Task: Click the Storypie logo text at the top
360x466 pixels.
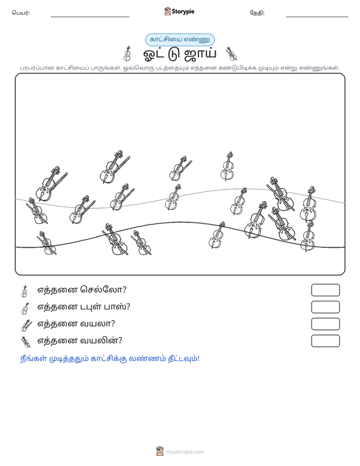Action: coord(183,11)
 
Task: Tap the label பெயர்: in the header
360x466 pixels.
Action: coord(21,13)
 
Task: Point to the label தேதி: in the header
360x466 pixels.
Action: coord(257,13)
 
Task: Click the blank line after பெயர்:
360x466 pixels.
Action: coord(90,17)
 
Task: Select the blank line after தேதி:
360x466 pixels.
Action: coord(317,17)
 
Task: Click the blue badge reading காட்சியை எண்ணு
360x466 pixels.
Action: coord(180,39)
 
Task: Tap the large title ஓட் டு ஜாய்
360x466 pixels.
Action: coord(180,54)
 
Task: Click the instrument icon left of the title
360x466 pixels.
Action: coord(128,53)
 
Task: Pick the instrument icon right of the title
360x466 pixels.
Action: coord(231,53)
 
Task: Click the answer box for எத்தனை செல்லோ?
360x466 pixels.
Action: coord(325,290)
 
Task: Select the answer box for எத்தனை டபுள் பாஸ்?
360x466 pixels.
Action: coord(325,307)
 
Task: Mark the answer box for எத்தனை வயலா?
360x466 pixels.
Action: coord(325,324)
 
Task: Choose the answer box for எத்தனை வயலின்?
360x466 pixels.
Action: coord(325,341)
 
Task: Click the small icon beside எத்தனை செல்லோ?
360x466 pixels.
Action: coord(24,291)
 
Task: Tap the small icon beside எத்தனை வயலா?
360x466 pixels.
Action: coord(26,325)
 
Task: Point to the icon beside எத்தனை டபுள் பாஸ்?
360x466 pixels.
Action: coord(25,308)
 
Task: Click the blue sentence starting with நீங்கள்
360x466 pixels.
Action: coord(109,359)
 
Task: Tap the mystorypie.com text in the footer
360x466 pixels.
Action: coord(184,452)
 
